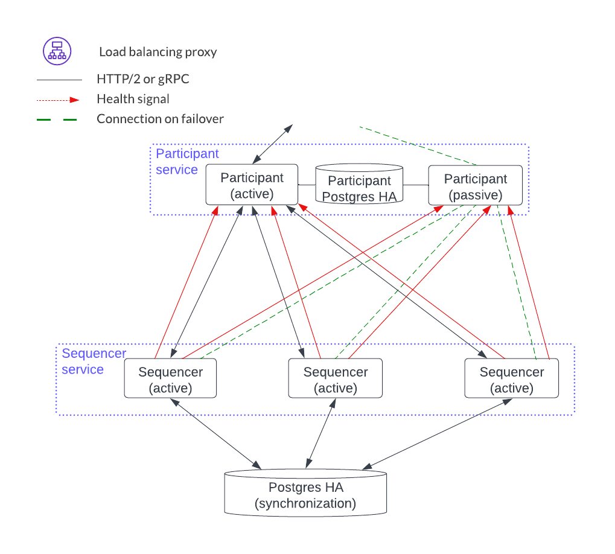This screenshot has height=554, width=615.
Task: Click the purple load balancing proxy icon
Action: pyautogui.click(x=57, y=51)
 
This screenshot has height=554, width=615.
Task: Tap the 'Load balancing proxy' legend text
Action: pyautogui.click(x=158, y=52)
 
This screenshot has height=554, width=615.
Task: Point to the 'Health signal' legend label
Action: pyautogui.click(x=133, y=99)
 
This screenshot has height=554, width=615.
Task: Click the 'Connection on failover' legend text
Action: pyautogui.click(x=160, y=119)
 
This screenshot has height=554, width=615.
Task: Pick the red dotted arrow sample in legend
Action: pyautogui.click(x=59, y=99)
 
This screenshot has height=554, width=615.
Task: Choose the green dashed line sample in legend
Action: pyautogui.click(x=59, y=119)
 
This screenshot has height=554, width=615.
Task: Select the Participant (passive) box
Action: pyautogui.click(x=476, y=186)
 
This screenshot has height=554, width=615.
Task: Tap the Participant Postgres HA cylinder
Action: pyautogui.click(x=359, y=184)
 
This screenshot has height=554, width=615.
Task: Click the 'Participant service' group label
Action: pyautogui.click(x=186, y=161)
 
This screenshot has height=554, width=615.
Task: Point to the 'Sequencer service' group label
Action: pyautogui.click(x=94, y=361)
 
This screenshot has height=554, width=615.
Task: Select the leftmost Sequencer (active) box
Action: pyautogui.click(x=170, y=380)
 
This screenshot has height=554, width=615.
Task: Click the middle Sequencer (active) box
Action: pyautogui.click(x=335, y=380)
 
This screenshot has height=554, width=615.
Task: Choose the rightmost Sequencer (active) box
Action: pyautogui.click(x=512, y=380)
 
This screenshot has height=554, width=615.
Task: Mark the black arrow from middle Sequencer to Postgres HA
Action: pyautogui.click(x=320, y=433)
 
